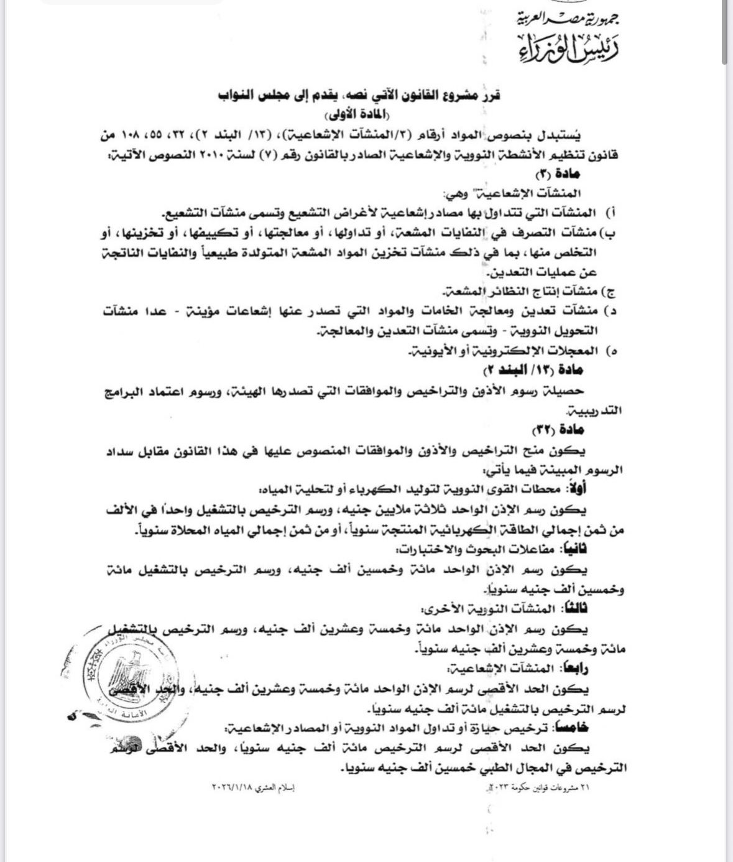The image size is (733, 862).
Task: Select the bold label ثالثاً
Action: (577, 608)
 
